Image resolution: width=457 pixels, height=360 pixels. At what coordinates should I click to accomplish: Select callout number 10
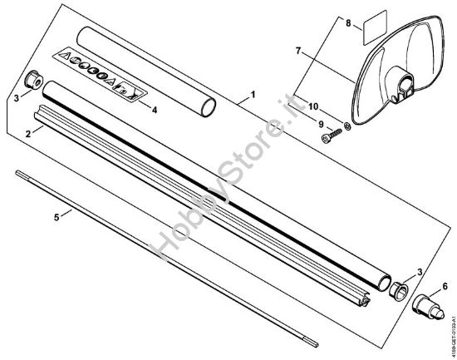[315, 107]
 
